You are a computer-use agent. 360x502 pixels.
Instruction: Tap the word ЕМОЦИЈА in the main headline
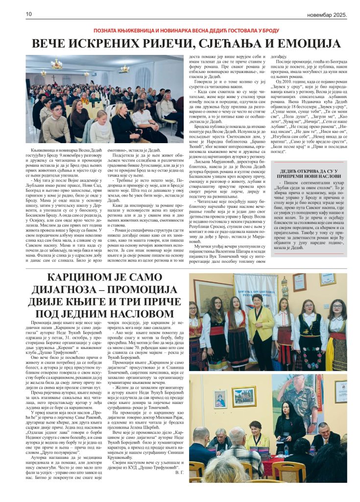pyautogui.click(x=300, y=44)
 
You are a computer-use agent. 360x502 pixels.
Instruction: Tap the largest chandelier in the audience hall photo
pyautogui.click(x=57, y=64)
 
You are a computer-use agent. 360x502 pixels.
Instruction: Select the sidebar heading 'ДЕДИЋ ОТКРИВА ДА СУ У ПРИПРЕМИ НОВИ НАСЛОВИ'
pyautogui.click(x=309, y=172)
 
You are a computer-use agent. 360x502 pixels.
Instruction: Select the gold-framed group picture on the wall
pyautogui.click(x=244, y=396)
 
